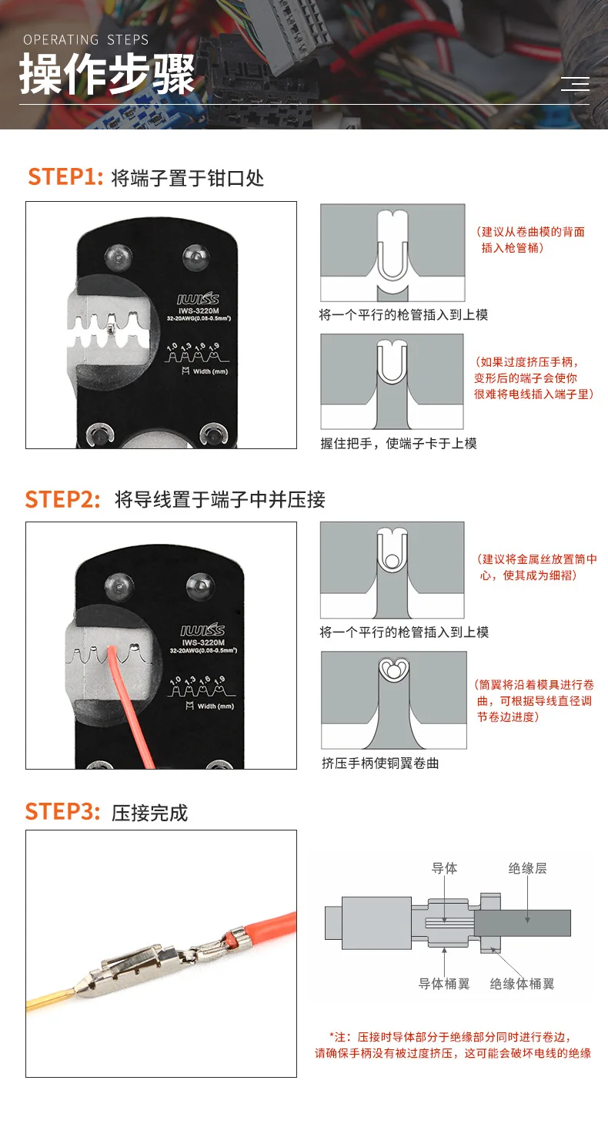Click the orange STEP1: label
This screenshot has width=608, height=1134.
65,176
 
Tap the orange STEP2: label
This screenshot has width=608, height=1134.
62,499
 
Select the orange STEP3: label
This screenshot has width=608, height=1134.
62,811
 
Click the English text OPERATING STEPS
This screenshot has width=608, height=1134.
86,40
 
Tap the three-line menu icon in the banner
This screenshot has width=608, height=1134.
575,84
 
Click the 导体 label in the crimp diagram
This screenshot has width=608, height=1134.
444,868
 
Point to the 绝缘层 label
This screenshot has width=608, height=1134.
527,868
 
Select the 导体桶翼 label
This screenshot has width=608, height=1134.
444,984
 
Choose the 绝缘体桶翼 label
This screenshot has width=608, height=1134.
522,984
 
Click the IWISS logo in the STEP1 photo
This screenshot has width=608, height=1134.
198,298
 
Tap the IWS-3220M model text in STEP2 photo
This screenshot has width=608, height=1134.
203,642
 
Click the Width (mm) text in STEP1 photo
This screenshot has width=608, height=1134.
205,371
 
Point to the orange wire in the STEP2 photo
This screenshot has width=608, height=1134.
130,709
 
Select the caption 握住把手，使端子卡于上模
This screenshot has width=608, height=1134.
399,444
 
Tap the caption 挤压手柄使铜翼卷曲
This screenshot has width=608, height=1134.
380,763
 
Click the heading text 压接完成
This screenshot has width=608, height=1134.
150,813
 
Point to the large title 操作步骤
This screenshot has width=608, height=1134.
107,74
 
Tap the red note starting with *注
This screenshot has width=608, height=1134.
453,1045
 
